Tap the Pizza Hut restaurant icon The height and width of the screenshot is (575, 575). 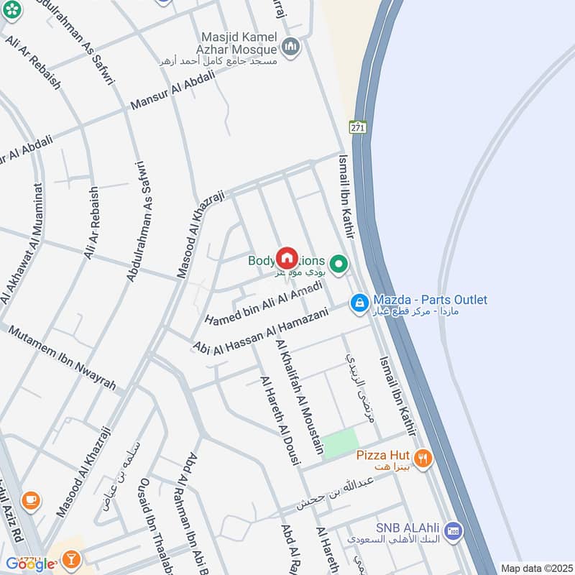click(x=423, y=457)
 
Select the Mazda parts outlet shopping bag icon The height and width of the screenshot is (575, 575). click(x=359, y=304)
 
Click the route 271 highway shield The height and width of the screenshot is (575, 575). click(x=359, y=127)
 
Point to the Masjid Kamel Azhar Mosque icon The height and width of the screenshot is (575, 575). click(x=291, y=47)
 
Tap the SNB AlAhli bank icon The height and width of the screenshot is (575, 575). click(x=453, y=531)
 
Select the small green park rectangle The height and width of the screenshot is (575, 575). click(x=339, y=443)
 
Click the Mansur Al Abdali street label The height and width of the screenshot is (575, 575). click(x=172, y=93)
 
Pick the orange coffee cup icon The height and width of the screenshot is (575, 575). click(x=29, y=500)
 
